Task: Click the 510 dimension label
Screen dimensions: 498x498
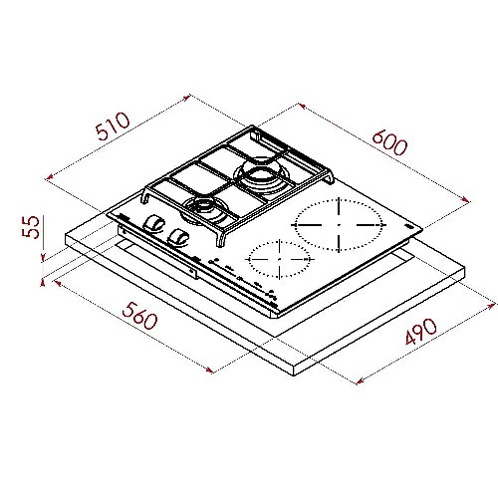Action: [x=113, y=125]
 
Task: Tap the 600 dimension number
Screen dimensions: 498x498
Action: [x=389, y=142]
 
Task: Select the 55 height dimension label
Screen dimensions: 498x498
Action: [x=31, y=227]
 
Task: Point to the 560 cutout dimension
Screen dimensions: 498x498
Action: [x=139, y=316]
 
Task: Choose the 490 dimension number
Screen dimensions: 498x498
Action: [x=421, y=331]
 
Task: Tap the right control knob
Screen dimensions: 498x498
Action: [x=178, y=238]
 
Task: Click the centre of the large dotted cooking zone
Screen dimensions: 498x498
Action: [x=339, y=225]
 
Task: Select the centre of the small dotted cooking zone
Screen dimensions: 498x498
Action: [x=279, y=259]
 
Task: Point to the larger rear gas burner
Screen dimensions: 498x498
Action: [x=261, y=177]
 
